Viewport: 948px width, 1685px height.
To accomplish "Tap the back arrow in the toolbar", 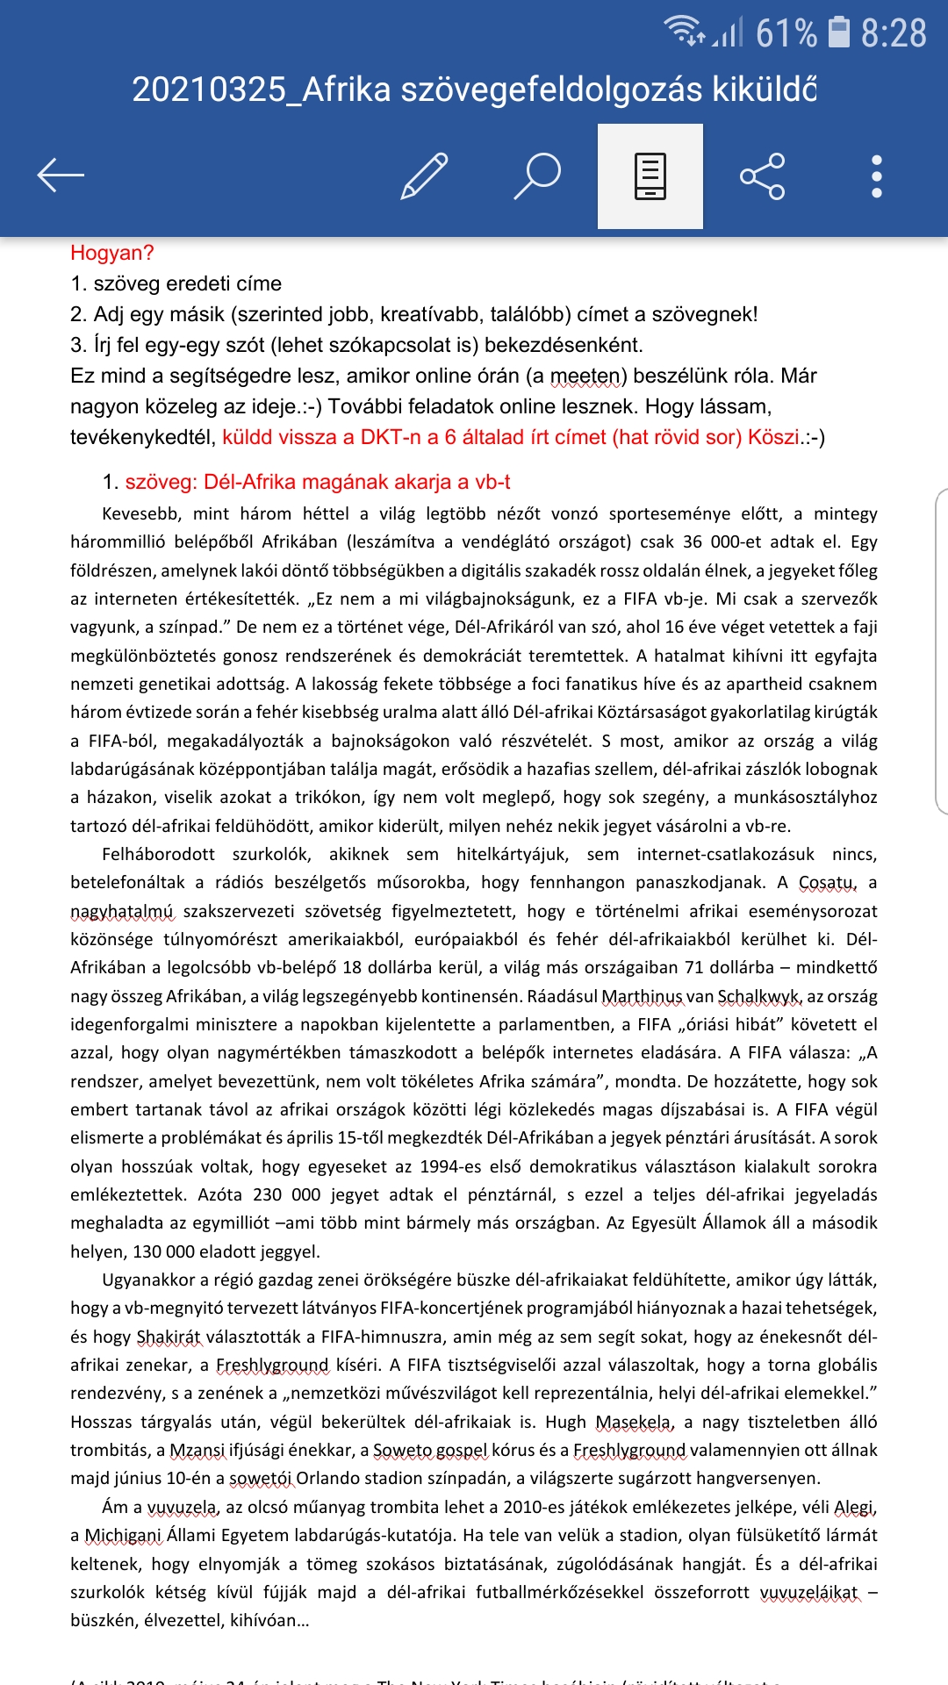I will coord(61,176).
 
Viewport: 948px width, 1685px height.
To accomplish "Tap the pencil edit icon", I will coord(424,176).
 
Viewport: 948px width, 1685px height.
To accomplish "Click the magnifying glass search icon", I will coord(537,176).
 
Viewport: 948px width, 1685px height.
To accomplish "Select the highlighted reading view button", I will coord(650,176).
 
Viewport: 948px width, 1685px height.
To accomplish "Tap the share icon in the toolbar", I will coord(762,176).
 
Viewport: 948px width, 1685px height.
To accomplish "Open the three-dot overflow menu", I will coord(876,176).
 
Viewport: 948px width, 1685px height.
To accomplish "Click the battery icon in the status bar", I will coord(840,32).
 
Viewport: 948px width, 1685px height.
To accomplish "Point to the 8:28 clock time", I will coord(893,33).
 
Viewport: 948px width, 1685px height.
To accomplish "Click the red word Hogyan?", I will coord(112,253).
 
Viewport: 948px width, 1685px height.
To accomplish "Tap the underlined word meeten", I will coord(585,376).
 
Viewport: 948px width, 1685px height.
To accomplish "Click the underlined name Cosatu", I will coord(826,883).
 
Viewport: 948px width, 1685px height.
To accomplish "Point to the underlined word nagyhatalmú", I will coord(122,912).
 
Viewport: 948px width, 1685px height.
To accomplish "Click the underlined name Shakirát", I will coord(169,1337).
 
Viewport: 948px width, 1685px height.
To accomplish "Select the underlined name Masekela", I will coord(634,1423).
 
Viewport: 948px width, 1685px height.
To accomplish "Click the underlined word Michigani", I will coord(124,1536).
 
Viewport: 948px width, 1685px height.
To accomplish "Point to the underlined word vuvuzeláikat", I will coord(808,1593).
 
